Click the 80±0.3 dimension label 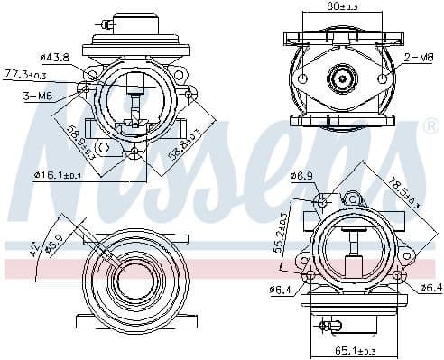pyautogui.click(x=343, y=8)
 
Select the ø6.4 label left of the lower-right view pyautogui.click(x=281, y=289)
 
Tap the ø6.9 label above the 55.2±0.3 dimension pyautogui.click(x=301, y=175)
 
